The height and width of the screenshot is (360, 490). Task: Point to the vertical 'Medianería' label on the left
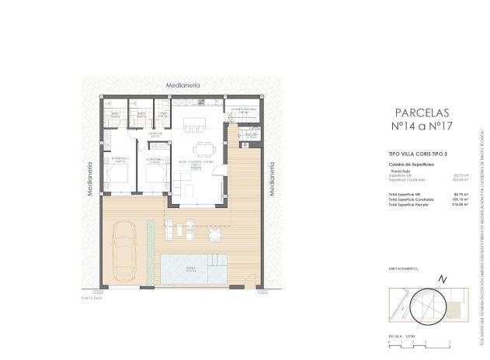[x=91, y=178]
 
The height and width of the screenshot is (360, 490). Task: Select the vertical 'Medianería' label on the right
[x=272, y=178]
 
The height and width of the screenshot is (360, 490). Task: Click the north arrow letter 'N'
[x=442, y=279]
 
